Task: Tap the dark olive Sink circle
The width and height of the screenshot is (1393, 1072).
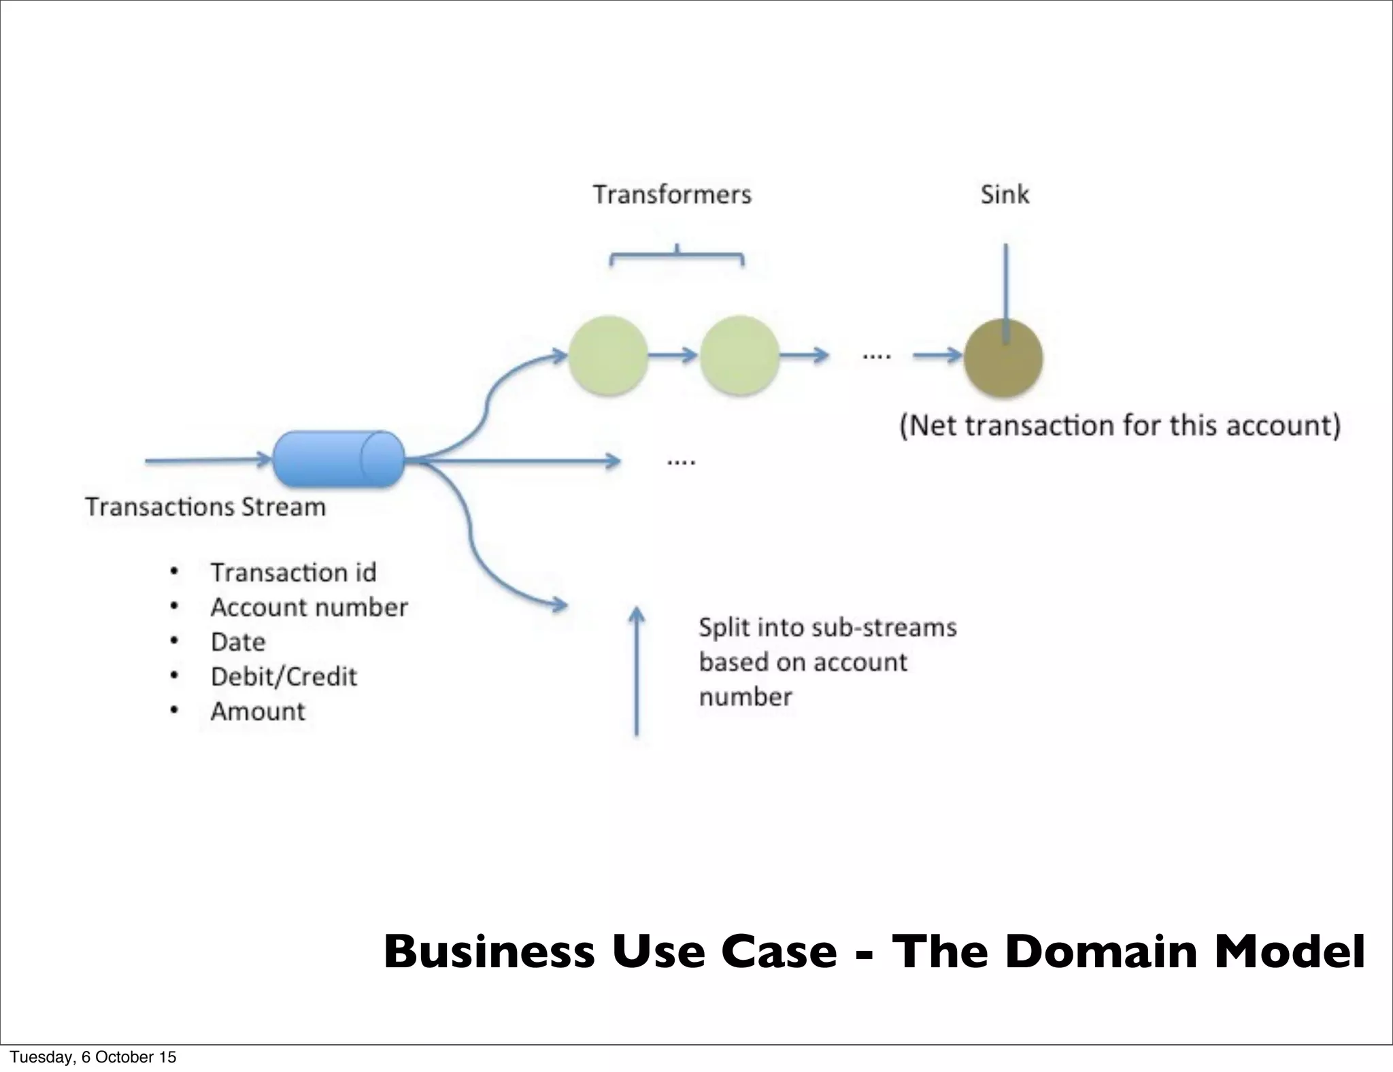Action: tap(1003, 358)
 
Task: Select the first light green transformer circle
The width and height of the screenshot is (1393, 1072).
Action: tap(607, 355)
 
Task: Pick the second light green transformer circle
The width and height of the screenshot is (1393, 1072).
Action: tap(739, 355)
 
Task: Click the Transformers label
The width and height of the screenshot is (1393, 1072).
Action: tap(672, 195)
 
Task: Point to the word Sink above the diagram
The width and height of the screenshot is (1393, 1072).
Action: tap(1004, 195)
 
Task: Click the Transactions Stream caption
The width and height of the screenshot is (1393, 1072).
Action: tap(205, 507)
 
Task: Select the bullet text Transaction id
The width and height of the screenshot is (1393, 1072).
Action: tap(293, 573)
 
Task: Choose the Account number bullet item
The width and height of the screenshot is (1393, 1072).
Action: tap(309, 607)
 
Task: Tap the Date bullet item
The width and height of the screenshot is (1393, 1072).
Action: tap(238, 642)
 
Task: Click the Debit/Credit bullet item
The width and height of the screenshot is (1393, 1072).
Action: tap(284, 677)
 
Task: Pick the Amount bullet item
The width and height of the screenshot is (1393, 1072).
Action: tap(258, 711)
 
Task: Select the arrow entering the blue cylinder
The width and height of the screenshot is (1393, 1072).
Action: tap(207, 460)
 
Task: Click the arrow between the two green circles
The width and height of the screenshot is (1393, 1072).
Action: tap(673, 355)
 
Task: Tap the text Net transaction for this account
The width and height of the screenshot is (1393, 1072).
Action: tap(1120, 426)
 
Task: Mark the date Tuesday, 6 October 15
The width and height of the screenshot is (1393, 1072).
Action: tap(93, 1057)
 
